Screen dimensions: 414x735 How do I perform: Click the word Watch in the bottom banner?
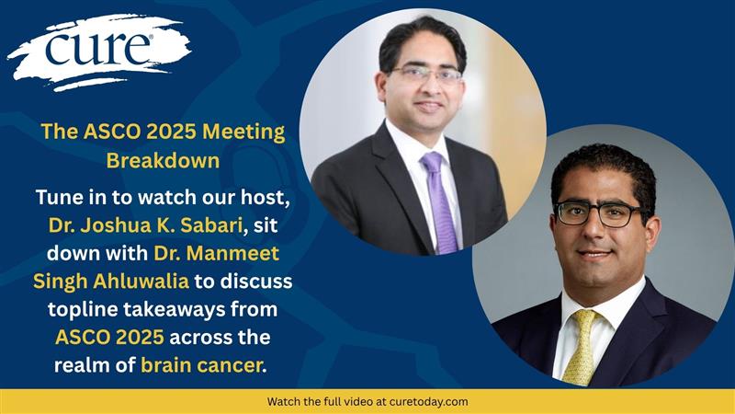tap(285, 402)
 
